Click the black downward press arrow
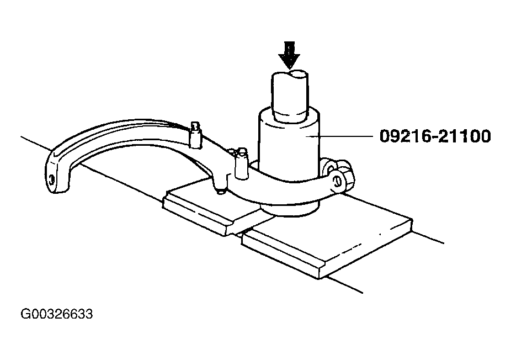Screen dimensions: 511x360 coord(289,55)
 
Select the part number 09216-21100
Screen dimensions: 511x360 coord(435,136)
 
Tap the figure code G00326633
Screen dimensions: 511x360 coord(57,314)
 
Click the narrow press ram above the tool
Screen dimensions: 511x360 coord(290,96)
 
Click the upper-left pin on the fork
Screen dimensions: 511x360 coord(195,135)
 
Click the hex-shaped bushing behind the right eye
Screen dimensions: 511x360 coord(345,174)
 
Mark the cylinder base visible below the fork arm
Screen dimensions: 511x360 coord(290,209)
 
